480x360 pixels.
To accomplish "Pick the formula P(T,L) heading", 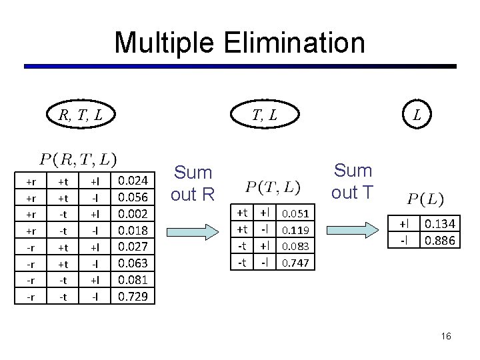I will point(273,188).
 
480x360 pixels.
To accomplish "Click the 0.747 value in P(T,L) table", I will point(295,263).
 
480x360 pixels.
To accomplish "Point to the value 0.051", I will point(295,214).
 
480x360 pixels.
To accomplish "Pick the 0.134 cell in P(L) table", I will point(440,225).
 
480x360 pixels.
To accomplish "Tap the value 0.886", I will point(440,240).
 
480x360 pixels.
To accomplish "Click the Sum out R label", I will point(192,183).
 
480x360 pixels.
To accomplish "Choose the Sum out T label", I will point(353,181).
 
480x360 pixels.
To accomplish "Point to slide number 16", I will point(446,337).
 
